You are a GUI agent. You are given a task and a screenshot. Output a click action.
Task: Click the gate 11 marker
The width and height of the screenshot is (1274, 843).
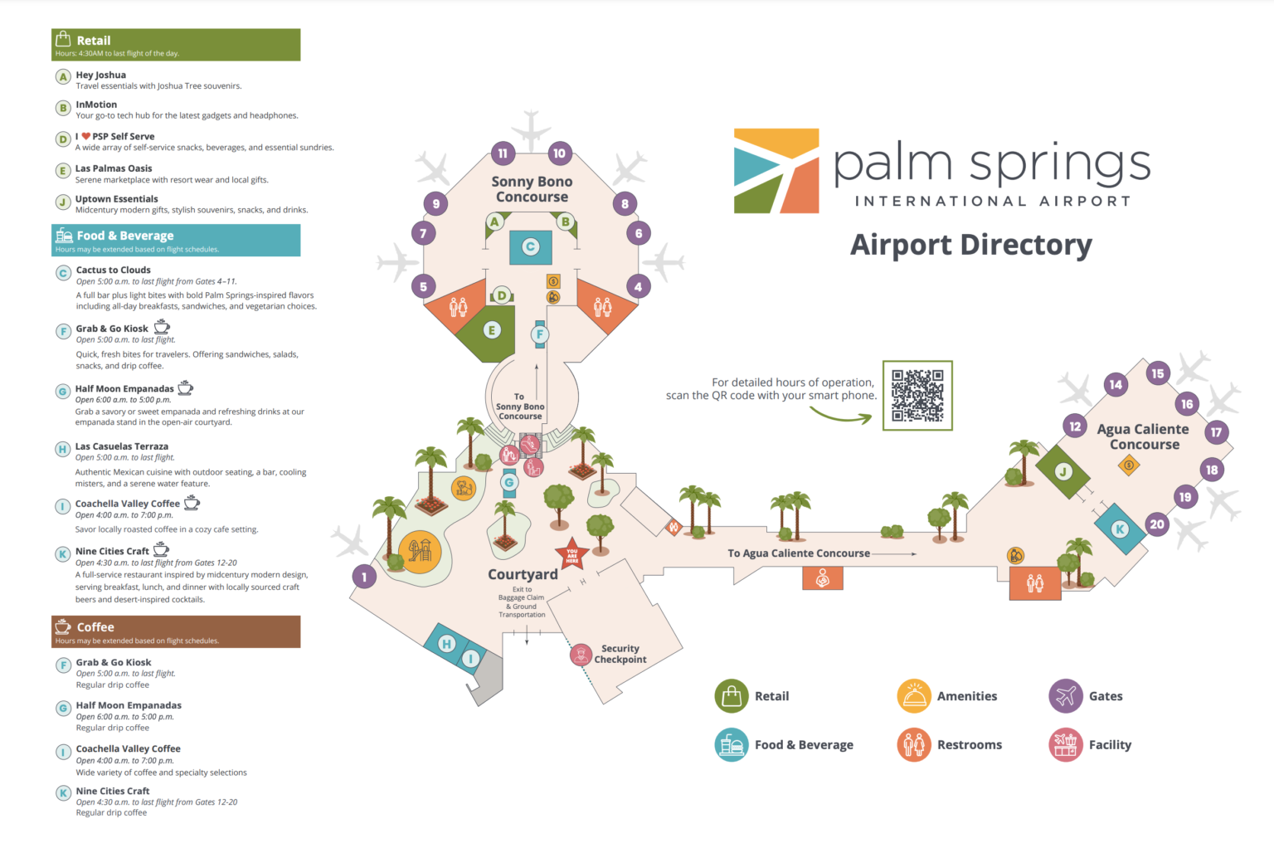coord(503,153)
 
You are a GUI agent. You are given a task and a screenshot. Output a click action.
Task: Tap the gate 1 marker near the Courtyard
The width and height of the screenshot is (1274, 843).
coord(364,577)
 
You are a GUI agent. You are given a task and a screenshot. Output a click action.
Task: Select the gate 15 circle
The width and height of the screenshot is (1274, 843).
coord(1157,373)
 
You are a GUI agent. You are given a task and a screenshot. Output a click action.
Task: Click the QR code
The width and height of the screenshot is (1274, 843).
coord(917,396)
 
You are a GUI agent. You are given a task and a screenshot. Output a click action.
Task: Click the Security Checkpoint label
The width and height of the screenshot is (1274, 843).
coord(620,654)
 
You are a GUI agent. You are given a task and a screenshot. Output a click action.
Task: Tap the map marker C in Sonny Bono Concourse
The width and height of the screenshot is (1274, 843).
coord(531,246)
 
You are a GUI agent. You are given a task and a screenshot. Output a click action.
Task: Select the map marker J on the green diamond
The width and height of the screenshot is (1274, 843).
coord(1063,471)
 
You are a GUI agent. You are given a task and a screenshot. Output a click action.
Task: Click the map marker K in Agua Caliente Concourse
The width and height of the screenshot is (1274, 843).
coord(1120,529)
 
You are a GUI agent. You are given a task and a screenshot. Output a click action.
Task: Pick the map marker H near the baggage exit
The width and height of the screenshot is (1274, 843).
coord(446,643)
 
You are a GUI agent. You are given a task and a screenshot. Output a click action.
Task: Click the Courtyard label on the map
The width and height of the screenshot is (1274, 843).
coord(523,574)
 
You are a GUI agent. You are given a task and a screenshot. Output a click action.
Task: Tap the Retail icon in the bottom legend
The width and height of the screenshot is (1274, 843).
coord(732,696)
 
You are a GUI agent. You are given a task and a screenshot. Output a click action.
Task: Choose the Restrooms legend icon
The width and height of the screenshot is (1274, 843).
coord(914,744)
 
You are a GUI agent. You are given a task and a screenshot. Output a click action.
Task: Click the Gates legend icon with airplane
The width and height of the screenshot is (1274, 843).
coord(1066,696)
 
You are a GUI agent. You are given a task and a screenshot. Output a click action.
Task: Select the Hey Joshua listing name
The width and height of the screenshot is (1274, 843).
coord(101,75)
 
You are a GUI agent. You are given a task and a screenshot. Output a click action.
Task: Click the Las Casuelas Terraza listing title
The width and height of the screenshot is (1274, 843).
coord(122,446)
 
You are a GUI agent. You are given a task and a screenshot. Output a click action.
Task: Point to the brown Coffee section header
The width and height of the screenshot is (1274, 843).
coord(176,631)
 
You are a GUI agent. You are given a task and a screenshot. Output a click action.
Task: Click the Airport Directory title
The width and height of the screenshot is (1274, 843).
coord(970,245)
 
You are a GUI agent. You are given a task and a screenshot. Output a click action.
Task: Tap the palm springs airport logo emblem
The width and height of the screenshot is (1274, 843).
coord(776,171)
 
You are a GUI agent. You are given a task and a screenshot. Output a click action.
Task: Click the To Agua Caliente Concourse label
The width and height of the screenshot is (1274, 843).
coord(799,553)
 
